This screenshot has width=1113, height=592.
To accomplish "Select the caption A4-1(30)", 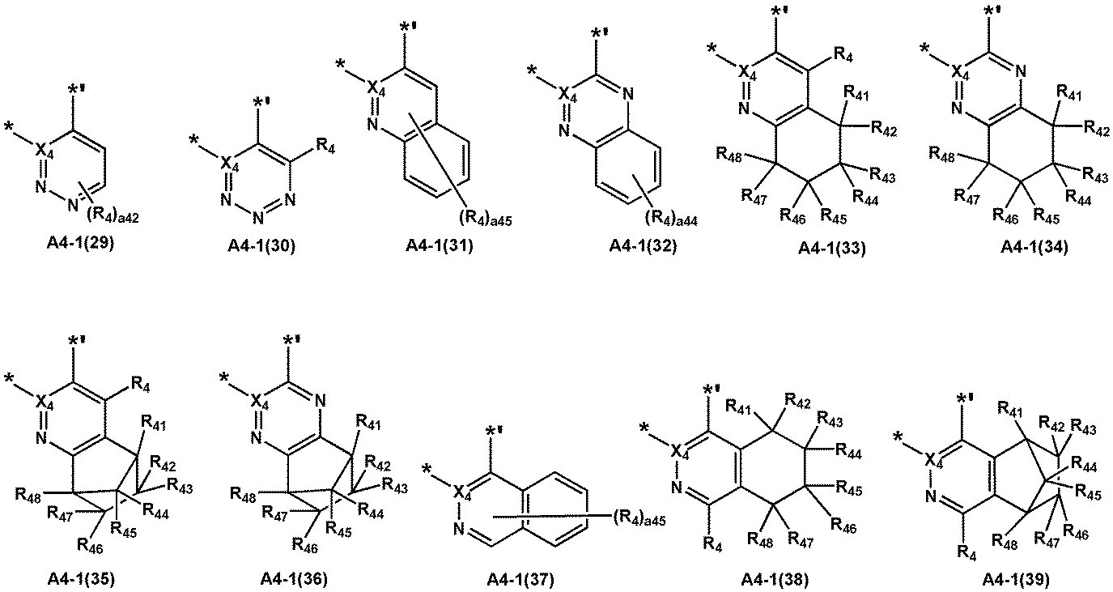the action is [x=261, y=245].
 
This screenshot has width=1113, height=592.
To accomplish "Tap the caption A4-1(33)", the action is [x=832, y=248].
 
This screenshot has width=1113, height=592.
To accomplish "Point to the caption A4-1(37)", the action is [x=520, y=580].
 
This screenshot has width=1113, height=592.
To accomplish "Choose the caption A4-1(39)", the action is [x=1016, y=580].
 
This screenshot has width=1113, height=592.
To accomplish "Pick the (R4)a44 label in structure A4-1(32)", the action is [x=671, y=218].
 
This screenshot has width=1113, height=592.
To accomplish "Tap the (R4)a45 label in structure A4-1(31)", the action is [x=484, y=218].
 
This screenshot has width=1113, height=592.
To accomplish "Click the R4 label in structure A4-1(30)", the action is [x=325, y=147].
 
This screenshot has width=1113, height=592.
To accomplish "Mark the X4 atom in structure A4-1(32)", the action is [x=567, y=95].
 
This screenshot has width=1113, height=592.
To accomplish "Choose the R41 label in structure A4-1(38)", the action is [x=739, y=407].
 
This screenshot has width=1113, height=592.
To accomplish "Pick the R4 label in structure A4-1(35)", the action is [x=141, y=383].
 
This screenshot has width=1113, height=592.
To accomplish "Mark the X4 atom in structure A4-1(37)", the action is [x=461, y=492].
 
